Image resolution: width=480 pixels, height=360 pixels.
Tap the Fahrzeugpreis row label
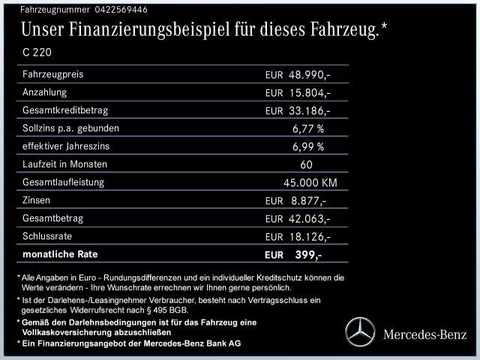coord(53,74)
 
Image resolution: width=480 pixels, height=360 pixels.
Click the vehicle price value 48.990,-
coord(310,75)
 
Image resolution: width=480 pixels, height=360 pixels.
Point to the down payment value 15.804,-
coord(310,93)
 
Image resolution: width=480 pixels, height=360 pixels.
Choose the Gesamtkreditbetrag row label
coord(63,110)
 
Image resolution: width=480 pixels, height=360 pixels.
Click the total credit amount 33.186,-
coord(310,111)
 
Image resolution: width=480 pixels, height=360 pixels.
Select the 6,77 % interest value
coord(308,128)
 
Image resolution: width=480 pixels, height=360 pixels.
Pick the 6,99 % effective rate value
coord(308,146)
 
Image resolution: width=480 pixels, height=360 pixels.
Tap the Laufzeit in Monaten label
coord(65,164)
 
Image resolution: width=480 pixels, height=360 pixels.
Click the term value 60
coord(306,164)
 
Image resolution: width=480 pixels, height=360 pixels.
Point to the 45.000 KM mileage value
coord(310,182)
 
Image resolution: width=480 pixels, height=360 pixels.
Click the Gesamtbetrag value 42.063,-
coord(310,218)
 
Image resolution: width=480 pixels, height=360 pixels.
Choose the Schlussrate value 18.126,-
coord(310,236)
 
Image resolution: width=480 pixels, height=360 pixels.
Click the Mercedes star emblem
coord(358,331)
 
